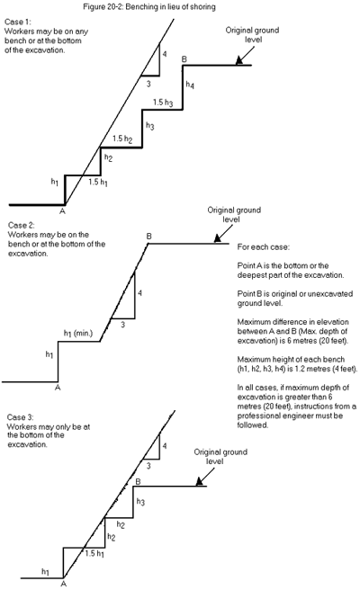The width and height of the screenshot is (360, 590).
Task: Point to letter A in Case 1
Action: [x=62, y=212]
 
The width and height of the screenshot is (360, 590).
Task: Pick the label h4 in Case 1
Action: [x=189, y=85]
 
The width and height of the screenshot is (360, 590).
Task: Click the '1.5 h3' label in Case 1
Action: [x=163, y=103]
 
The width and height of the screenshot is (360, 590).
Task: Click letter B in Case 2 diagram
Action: [x=148, y=236]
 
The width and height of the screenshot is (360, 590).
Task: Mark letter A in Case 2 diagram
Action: [x=57, y=388]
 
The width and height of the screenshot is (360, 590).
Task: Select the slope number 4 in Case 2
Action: [x=139, y=293]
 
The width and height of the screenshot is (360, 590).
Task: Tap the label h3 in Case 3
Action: [x=140, y=500]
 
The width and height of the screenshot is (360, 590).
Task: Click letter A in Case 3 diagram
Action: [x=63, y=584]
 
